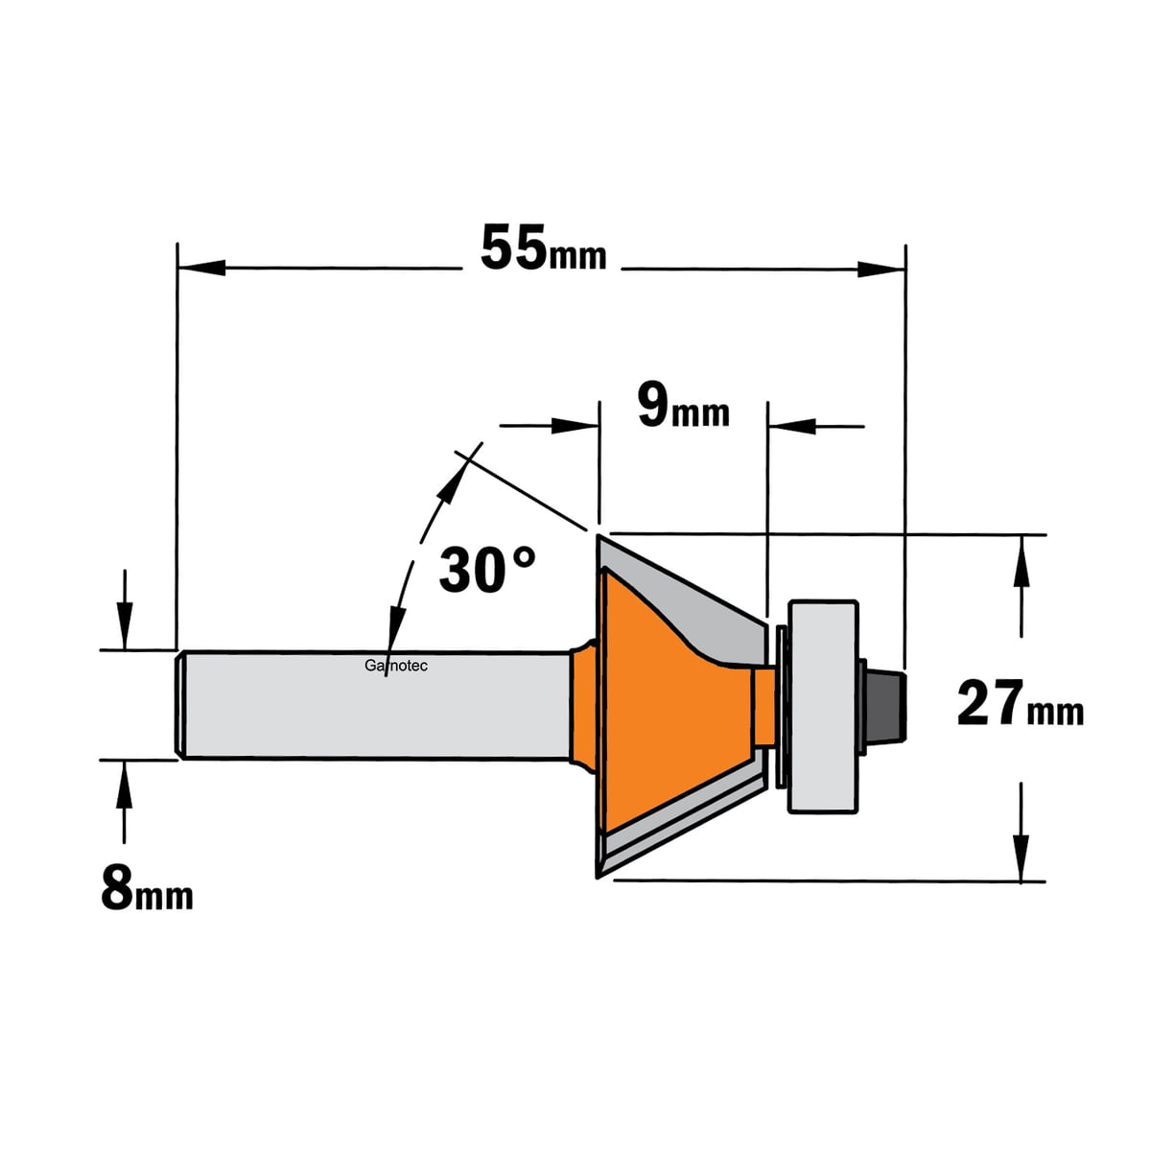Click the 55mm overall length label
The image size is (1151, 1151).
tap(543, 248)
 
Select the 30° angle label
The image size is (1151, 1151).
tap(487, 568)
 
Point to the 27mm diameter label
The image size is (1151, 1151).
tap(1021, 704)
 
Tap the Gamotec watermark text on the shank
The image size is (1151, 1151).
tap(396, 666)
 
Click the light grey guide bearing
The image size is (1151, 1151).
tap(823, 706)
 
